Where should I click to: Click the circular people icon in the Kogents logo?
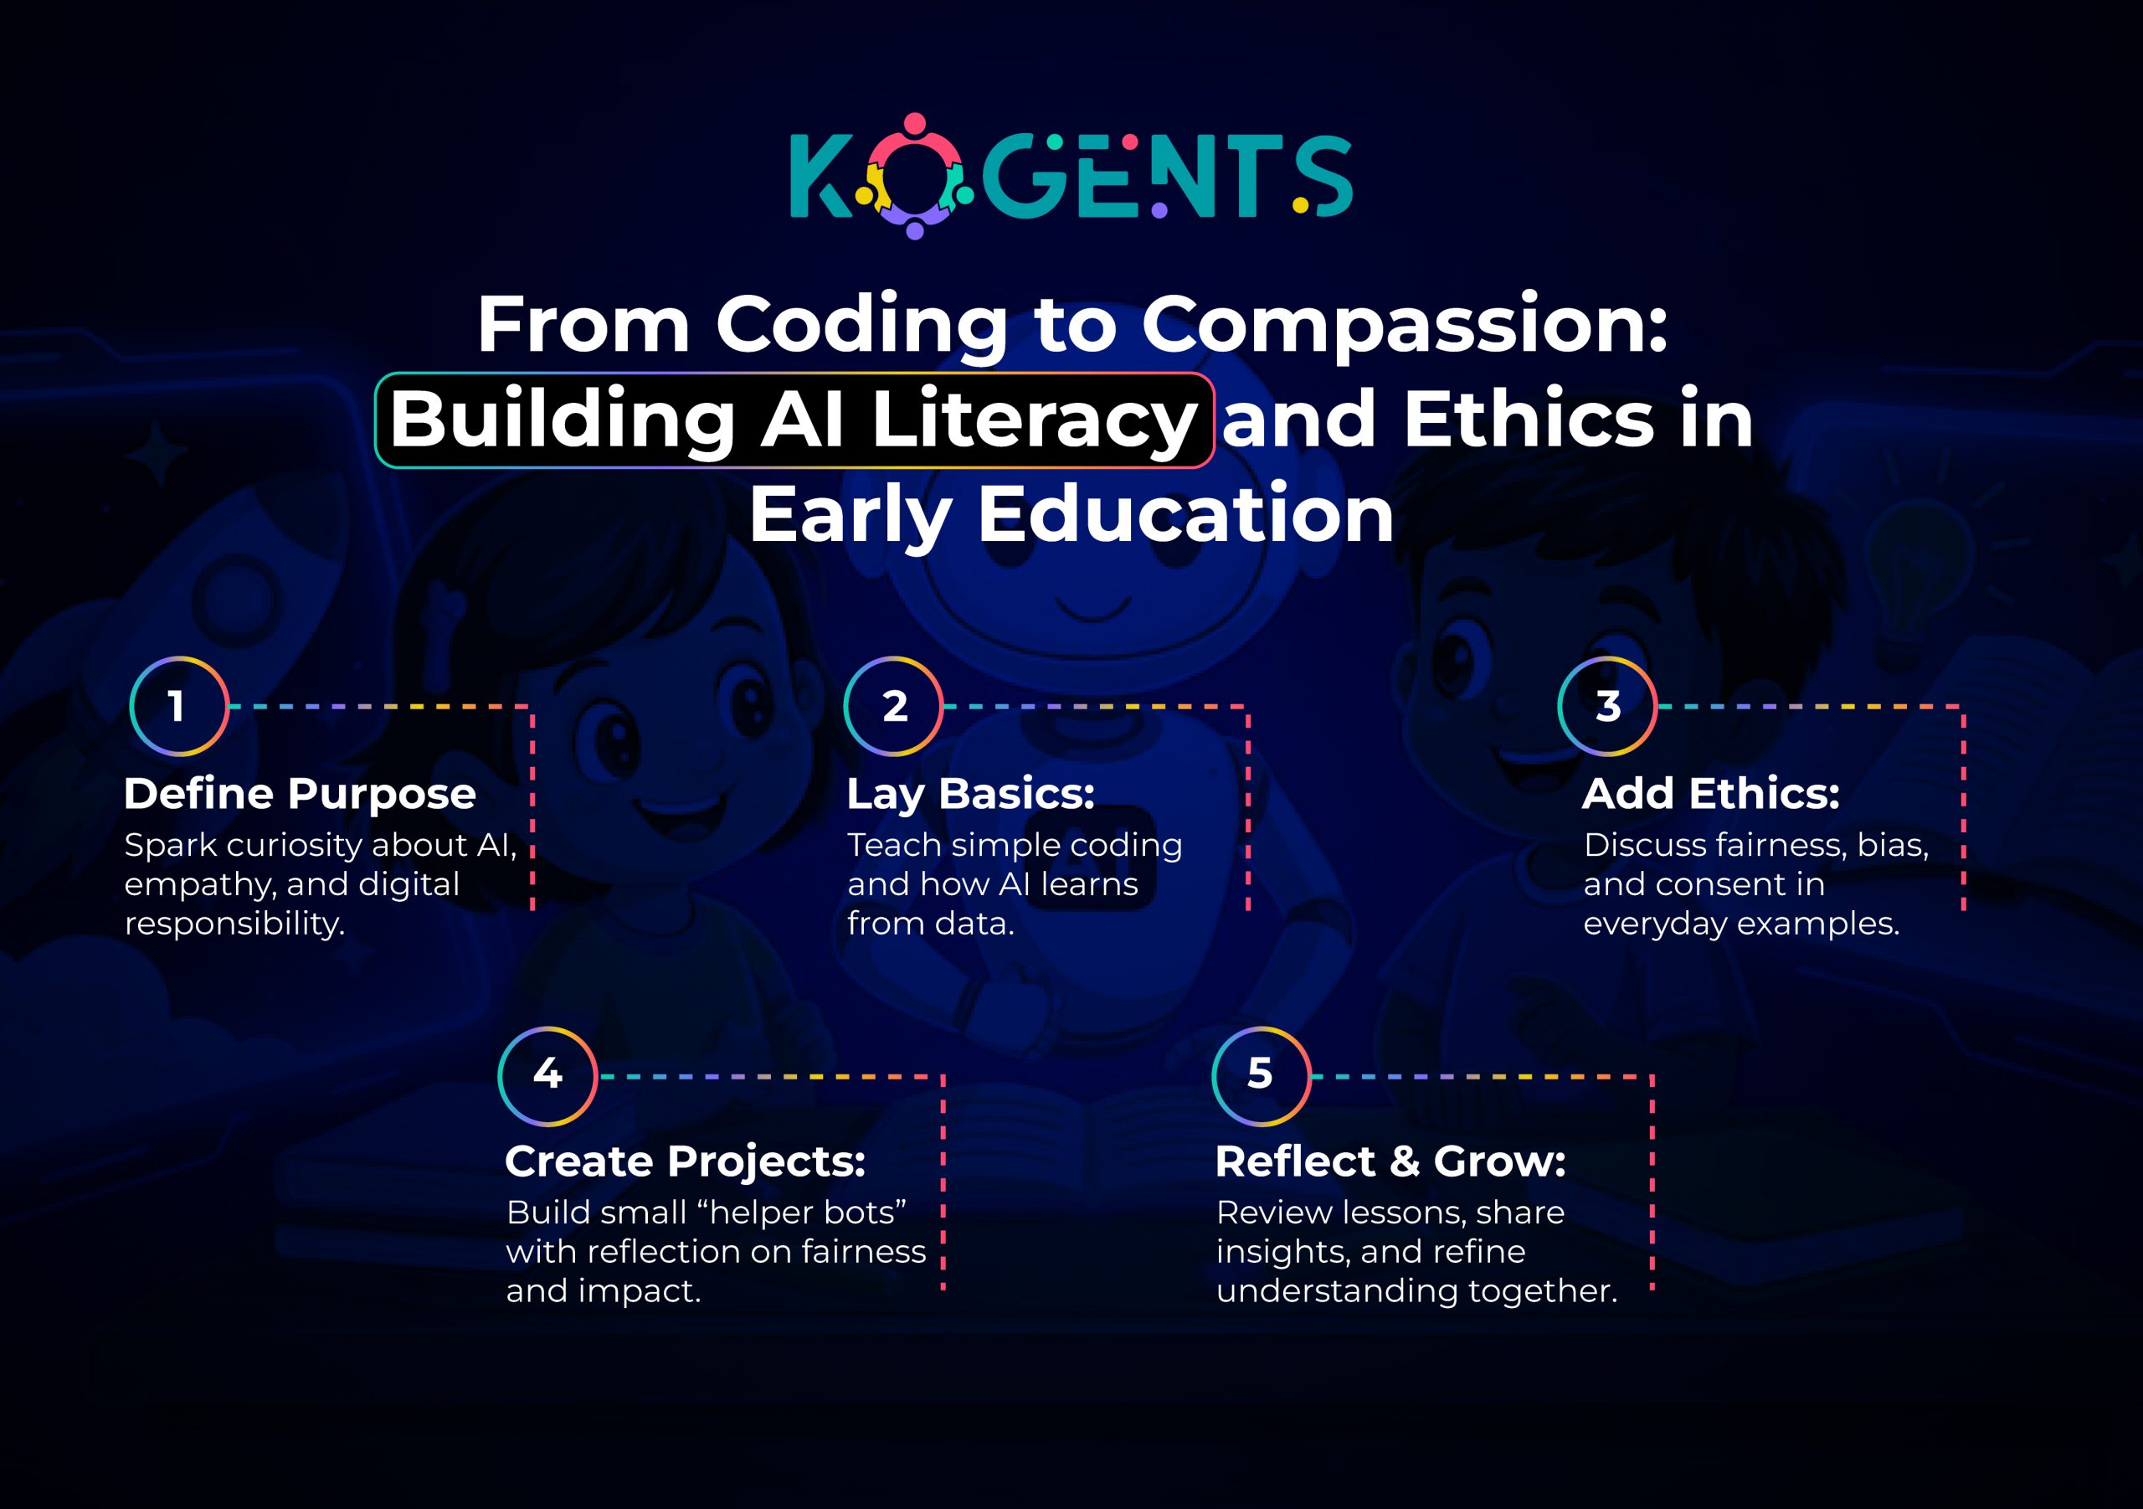(915, 177)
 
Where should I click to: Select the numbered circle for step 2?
(893, 706)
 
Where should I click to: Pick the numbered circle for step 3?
(1607, 706)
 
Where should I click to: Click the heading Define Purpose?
(300, 794)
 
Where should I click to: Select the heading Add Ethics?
(1711, 794)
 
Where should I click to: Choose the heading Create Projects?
(685, 1161)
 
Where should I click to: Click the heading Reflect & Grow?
(1390, 1161)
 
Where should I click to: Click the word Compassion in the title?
(1404, 326)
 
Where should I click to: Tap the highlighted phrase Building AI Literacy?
(794, 420)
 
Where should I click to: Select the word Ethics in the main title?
(1528, 420)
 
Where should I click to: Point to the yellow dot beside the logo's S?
(1300, 204)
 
